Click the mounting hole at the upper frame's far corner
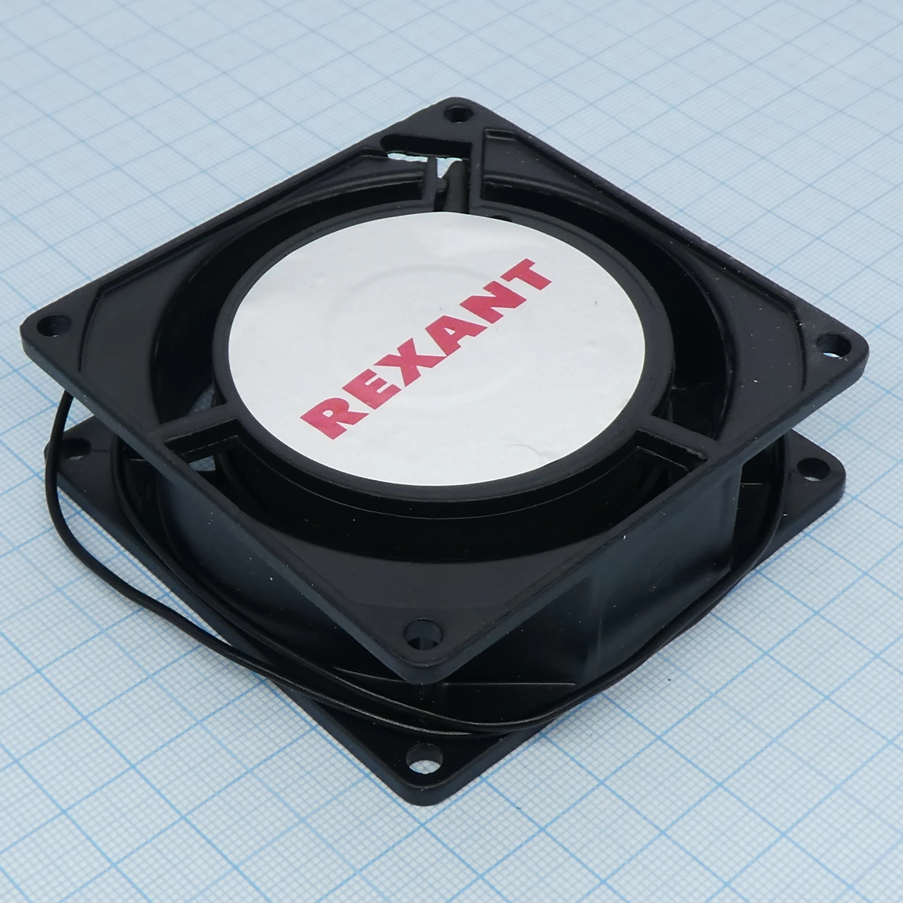pos(457,113)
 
